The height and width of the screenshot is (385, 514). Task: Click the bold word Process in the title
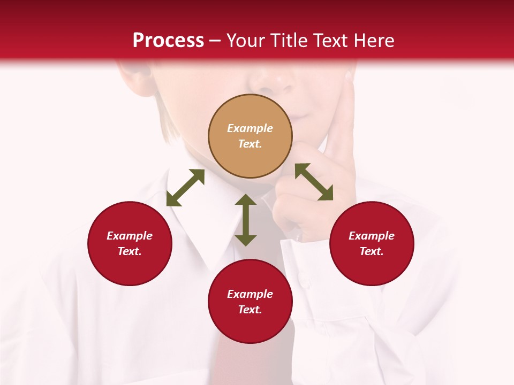168,41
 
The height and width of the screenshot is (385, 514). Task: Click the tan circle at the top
250,136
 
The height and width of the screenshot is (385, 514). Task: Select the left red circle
130,243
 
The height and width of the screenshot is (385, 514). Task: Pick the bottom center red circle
250,302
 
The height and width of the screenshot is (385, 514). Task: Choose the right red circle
372,243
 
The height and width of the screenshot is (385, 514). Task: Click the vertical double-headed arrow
246,220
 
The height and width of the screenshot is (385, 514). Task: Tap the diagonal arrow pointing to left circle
185,188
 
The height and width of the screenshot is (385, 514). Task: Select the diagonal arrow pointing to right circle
314,182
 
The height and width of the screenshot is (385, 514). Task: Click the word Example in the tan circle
250,128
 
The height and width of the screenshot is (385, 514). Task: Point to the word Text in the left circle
130,251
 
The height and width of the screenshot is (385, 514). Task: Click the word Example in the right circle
372,236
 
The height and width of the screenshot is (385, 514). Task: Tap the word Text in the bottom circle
250,310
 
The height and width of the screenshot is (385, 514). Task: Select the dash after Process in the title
215,41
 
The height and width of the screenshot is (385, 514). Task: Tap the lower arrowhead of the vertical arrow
246,240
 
